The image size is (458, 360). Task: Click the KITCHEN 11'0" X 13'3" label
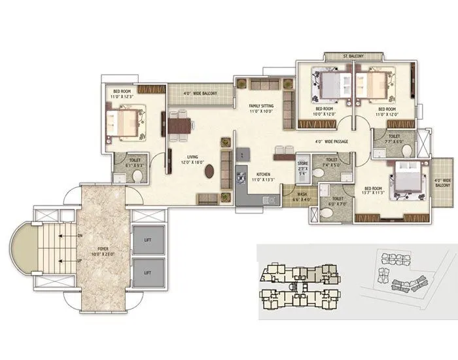256,175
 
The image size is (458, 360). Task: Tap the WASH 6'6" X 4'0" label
302,196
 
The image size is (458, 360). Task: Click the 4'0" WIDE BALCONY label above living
200,94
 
